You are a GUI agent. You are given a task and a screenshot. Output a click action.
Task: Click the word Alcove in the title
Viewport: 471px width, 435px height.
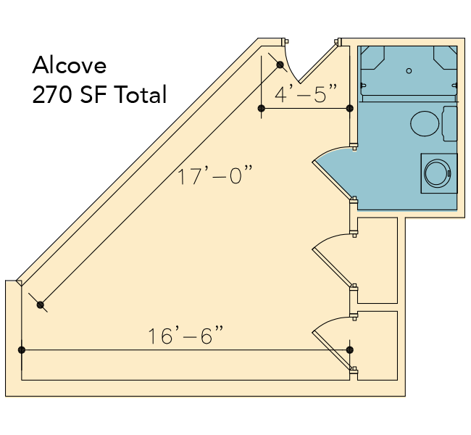tap(70, 65)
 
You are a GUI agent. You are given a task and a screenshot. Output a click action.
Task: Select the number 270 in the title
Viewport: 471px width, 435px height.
tap(52, 94)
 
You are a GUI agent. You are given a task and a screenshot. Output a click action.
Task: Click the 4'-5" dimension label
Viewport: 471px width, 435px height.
tap(306, 94)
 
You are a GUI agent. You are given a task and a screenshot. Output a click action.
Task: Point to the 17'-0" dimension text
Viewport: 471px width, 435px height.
tap(214, 175)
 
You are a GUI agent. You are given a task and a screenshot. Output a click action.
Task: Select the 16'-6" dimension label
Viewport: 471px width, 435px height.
tap(186, 336)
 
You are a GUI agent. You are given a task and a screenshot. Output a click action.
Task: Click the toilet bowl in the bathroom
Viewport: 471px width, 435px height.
tap(425, 123)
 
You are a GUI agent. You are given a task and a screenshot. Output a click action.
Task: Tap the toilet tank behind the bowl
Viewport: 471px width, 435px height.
tap(450, 123)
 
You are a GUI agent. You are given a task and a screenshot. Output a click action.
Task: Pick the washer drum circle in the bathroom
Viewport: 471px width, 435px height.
tap(438, 173)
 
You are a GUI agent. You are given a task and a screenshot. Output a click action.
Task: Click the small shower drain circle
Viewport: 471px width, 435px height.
tap(409, 71)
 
